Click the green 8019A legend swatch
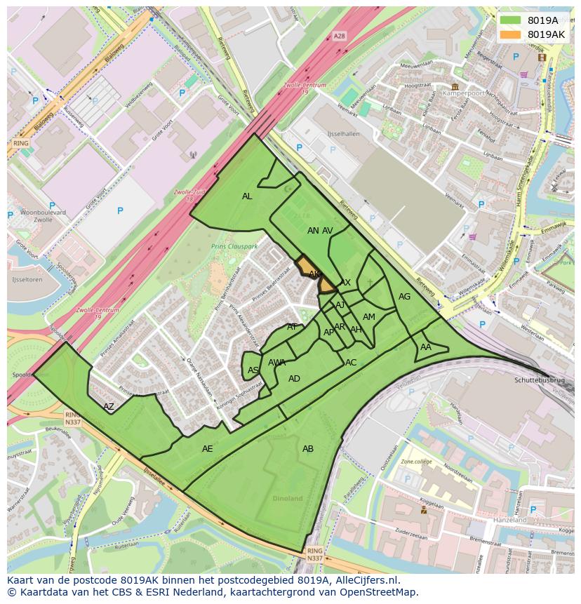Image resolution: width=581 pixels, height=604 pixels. (511, 20)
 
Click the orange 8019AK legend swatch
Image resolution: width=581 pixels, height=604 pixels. (511, 34)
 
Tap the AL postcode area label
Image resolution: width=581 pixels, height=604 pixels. (247, 196)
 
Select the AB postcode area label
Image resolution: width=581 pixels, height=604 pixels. (308, 449)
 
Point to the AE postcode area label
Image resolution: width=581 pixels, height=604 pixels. (207, 449)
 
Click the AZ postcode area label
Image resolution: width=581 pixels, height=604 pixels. (109, 406)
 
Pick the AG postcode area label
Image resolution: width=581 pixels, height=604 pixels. (404, 297)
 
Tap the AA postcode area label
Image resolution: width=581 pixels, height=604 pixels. (426, 347)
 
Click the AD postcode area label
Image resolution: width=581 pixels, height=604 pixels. (294, 379)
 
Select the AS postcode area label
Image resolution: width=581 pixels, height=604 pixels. (253, 370)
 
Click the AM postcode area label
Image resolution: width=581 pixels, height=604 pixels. (369, 317)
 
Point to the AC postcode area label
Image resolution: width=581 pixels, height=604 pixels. (351, 363)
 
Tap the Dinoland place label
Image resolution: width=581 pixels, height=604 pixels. (287, 499)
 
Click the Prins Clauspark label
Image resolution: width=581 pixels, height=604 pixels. (234, 247)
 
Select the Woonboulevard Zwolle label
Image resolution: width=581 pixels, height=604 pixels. (43, 216)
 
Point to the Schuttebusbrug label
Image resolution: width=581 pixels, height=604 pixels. (539, 379)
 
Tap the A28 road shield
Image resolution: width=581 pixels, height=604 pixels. (340, 36)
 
